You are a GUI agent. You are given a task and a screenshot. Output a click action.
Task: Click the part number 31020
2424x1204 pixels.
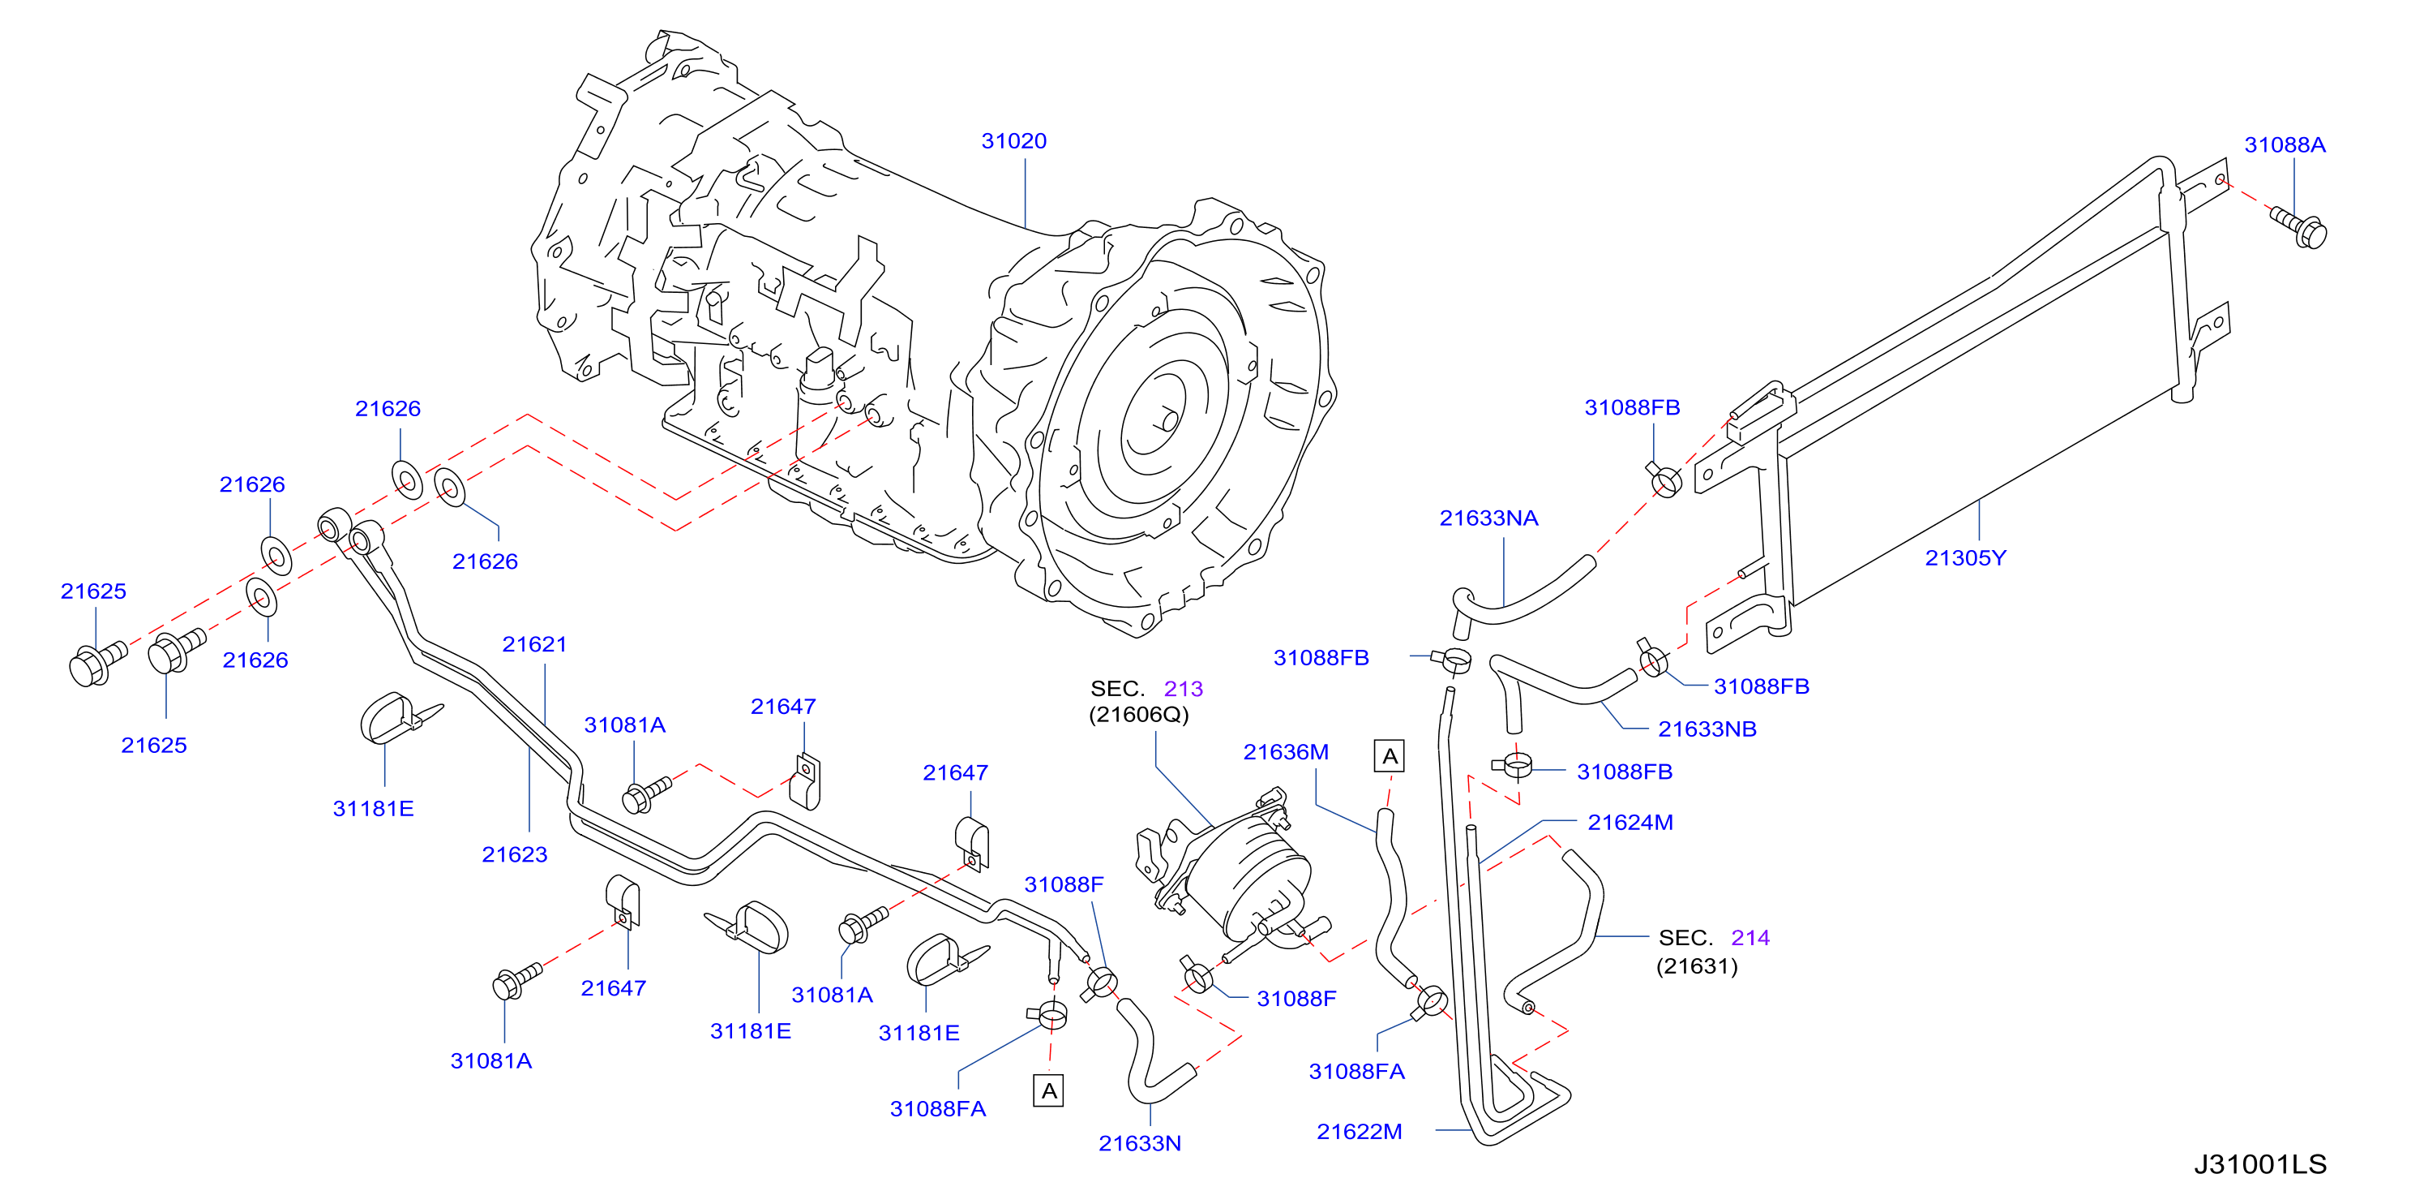click(1013, 141)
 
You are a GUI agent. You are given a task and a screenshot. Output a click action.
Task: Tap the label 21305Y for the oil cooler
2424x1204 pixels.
click(1965, 558)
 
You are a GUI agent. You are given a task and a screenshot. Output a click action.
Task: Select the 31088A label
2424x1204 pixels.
click(2285, 145)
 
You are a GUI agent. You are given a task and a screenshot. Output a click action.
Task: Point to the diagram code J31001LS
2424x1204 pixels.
click(2260, 1164)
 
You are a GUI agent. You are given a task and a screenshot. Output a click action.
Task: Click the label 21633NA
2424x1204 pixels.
click(1488, 518)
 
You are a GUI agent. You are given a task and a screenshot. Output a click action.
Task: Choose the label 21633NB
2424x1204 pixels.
click(1707, 729)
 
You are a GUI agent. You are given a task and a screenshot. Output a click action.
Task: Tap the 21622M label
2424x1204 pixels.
click(1359, 1132)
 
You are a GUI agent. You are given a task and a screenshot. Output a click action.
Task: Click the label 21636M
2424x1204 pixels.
click(1286, 752)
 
